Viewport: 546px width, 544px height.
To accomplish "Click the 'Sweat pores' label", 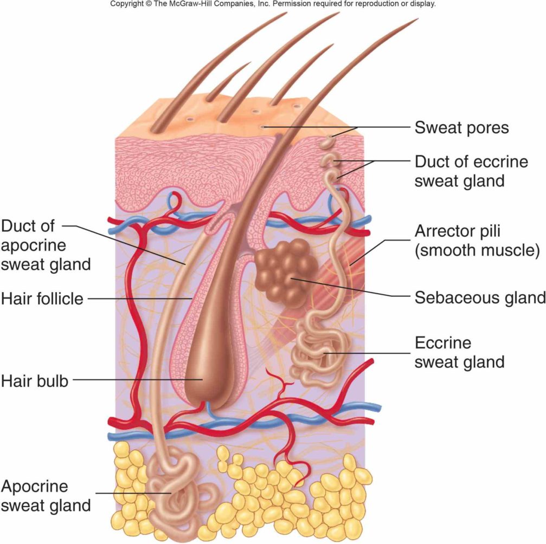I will (461, 128).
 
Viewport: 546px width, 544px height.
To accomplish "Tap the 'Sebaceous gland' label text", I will (479, 297).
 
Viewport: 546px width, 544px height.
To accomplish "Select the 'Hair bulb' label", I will (35, 380).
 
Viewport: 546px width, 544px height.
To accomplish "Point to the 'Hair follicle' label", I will (42, 298).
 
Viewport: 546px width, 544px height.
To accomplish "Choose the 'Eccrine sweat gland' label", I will (459, 352).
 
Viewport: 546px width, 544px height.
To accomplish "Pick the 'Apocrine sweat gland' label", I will (46, 496).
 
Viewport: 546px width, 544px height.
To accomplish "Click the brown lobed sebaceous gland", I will (286, 271).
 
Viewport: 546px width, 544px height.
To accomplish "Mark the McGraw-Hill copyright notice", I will (273, 4).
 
